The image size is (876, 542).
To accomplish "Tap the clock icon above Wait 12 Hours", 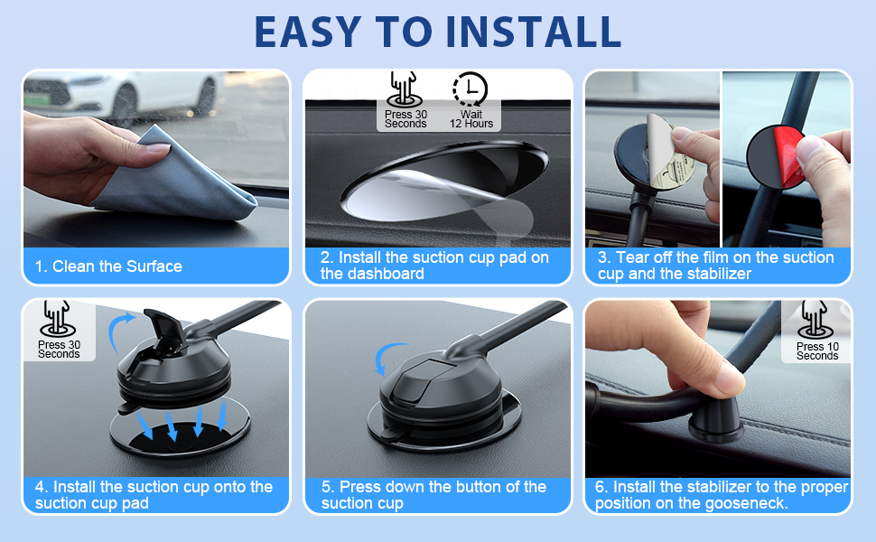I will (470, 89).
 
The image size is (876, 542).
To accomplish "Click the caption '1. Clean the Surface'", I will (108, 266).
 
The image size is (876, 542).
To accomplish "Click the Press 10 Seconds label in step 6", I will (817, 350).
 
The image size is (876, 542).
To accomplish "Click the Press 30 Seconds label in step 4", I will (59, 349).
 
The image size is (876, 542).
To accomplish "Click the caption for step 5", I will (433, 495).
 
